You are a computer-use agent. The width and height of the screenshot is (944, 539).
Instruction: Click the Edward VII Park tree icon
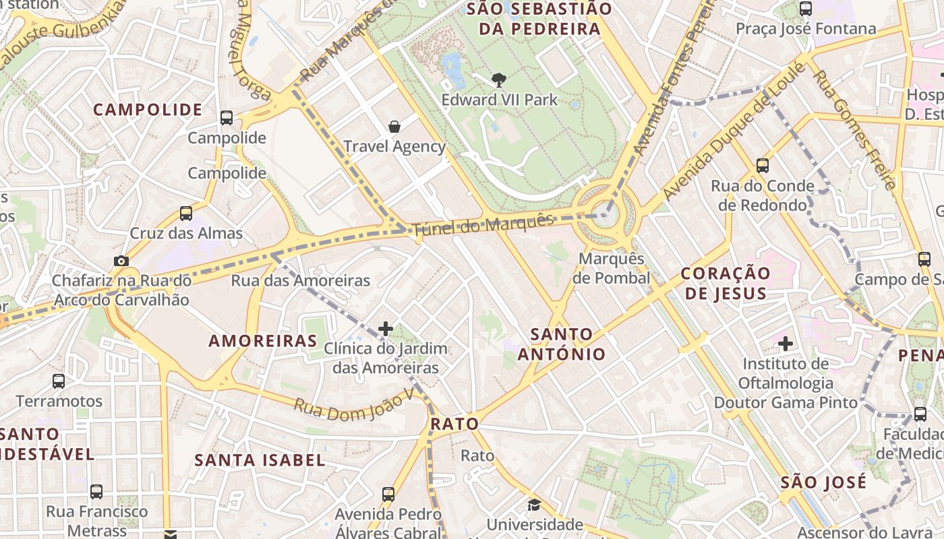tap(499, 80)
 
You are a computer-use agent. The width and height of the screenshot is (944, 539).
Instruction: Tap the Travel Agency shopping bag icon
tap(394, 126)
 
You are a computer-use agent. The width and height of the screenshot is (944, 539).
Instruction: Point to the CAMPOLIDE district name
tap(148, 110)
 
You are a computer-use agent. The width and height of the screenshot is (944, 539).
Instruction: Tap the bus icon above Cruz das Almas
tap(186, 214)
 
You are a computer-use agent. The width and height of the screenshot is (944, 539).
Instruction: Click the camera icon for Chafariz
tap(121, 261)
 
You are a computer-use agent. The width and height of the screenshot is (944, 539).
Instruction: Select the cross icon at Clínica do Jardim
tap(386, 328)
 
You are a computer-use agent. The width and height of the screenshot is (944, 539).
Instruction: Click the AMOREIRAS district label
tap(263, 341)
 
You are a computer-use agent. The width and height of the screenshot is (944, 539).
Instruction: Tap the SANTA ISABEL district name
tap(260, 460)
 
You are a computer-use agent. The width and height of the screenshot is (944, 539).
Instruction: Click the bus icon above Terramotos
tap(59, 381)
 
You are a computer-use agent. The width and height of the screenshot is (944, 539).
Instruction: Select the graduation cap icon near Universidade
tap(534, 505)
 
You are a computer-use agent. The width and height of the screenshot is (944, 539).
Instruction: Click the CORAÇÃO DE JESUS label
tap(725, 283)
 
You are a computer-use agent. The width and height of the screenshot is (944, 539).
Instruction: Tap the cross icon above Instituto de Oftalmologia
tap(785, 344)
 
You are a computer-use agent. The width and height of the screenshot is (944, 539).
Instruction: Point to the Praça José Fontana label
tap(806, 29)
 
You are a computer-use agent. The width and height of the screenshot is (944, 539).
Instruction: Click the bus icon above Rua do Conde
tap(763, 165)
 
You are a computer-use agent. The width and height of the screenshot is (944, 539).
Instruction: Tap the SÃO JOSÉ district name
tap(823, 482)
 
